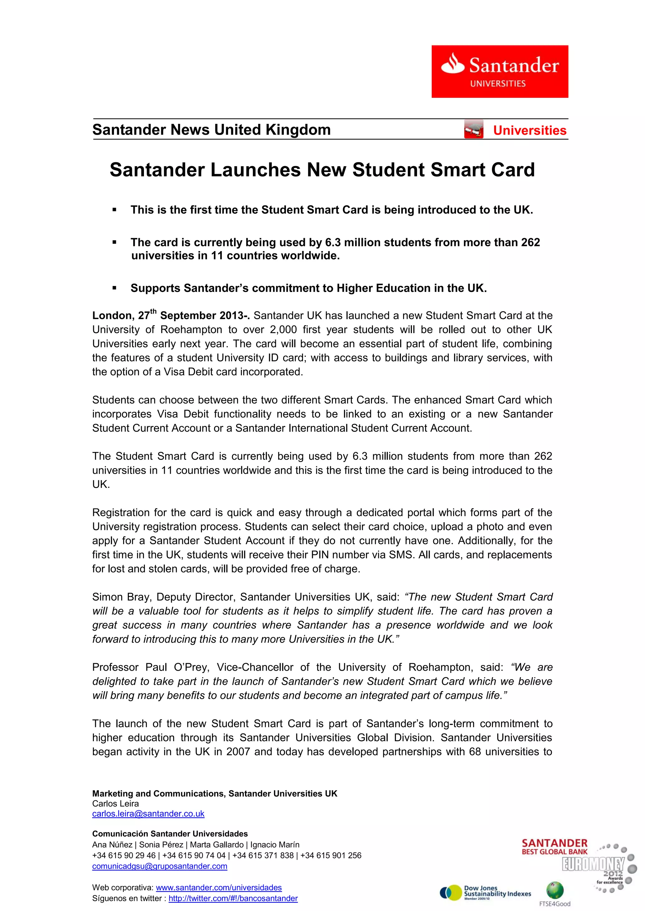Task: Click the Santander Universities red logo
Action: point(499,71)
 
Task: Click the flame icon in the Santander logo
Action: point(453,64)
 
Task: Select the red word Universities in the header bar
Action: point(529,130)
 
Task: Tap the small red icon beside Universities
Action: point(473,130)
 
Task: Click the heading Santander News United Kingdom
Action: point(211,130)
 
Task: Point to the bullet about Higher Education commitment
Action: point(308,288)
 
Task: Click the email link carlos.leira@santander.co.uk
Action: point(148,814)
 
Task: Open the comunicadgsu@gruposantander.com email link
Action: point(160,866)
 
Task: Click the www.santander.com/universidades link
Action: point(219,888)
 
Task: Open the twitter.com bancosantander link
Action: point(233,898)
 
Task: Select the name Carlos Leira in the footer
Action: point(115,803)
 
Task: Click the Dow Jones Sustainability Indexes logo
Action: point(485,893)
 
